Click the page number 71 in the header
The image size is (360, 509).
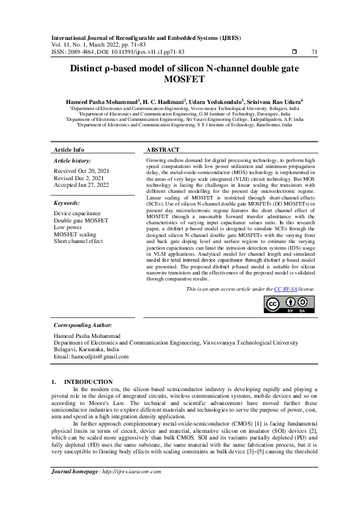[314, 53]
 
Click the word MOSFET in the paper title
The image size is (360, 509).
[180, 79]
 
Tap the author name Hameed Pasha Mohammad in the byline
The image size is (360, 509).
[102, 102]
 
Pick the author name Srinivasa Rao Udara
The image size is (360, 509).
[275, 102]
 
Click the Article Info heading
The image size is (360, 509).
[69, 149]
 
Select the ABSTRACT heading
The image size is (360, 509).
[163, 149]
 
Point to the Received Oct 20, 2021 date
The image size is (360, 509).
[79, 172]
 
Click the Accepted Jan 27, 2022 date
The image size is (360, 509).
[81, 185]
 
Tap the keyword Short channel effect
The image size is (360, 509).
[78, 241]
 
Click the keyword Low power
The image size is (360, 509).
[68, 228]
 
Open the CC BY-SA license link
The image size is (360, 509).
[285, 290]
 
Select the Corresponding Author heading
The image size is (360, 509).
[83, 325]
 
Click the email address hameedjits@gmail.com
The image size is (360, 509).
[100, 357]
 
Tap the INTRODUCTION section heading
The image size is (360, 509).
[88, 382]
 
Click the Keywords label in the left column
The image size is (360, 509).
[67, 204]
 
